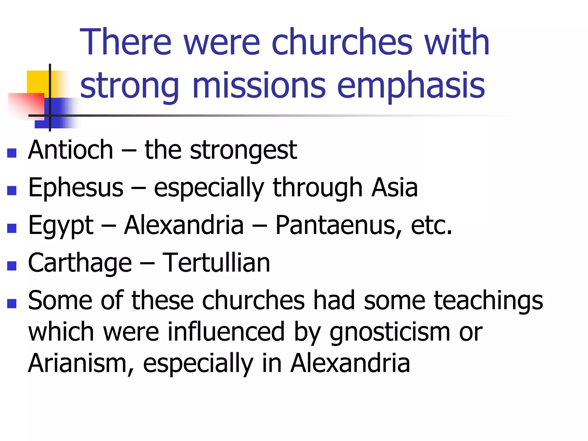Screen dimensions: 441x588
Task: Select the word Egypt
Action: (x=61, y=226)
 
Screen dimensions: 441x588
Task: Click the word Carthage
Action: (x=80, y=263)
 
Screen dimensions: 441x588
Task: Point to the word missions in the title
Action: (x=259, y=85)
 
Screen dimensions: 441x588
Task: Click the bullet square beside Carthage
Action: (x=12, y=266)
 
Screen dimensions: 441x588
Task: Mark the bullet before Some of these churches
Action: (x=12, y=303)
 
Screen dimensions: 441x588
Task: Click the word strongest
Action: (x=243, y=150)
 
